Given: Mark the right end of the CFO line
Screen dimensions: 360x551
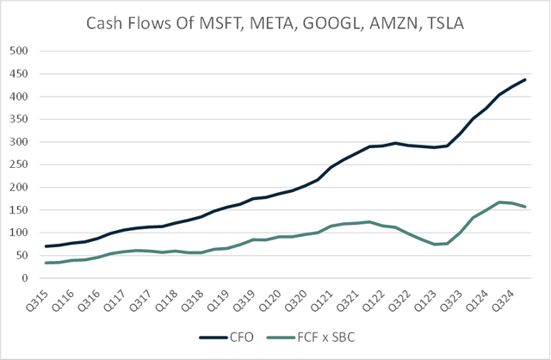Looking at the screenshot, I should tap(526, 79).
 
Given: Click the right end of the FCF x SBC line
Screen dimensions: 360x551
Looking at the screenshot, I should tap(526, 207).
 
